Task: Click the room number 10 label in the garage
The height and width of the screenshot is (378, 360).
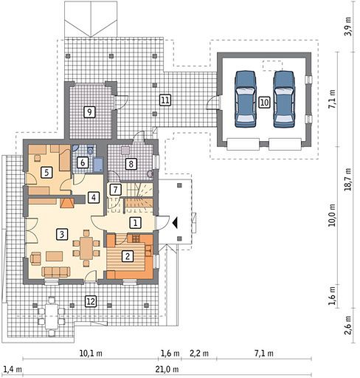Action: point(264,102)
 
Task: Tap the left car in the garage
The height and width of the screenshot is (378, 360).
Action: point(246,99)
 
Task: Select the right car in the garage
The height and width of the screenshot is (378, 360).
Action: point(284,99)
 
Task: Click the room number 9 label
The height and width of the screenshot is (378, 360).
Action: point(89,112)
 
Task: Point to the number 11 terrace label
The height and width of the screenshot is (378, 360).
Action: point(165,100)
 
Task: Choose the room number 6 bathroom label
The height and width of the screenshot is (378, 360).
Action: point(83,162)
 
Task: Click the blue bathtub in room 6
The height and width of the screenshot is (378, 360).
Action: point(98,165)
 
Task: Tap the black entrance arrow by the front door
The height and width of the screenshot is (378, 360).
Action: point(175,223)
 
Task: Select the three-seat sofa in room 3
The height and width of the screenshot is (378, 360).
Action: point(56,272)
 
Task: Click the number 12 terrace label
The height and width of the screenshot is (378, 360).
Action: point(91,301)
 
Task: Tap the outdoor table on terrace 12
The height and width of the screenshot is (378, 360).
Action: point(52,316)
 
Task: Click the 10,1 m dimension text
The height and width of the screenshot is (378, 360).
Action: point(91,353)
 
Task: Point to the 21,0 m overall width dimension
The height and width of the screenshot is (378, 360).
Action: point(167,369)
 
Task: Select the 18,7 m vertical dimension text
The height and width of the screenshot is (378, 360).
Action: point(347,179)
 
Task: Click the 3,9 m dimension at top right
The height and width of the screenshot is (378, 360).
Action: point(347,27)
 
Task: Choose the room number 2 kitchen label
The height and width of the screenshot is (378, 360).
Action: point(128,256)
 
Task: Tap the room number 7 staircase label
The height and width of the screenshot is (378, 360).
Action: point(115,190)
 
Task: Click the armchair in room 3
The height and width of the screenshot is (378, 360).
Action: point(35,258)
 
